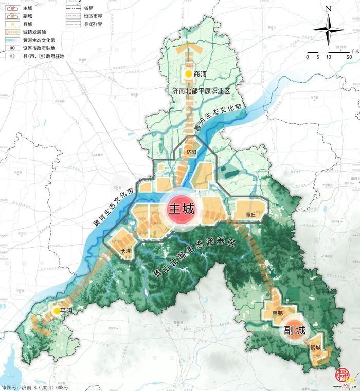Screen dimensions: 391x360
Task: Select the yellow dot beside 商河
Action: click(x=189, y=75)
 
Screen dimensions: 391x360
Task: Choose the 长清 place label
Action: click(x=125, y=251)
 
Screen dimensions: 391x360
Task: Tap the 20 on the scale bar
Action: click(x=349, y=57)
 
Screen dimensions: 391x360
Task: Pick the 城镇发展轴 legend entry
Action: click(x=27, y=32)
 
